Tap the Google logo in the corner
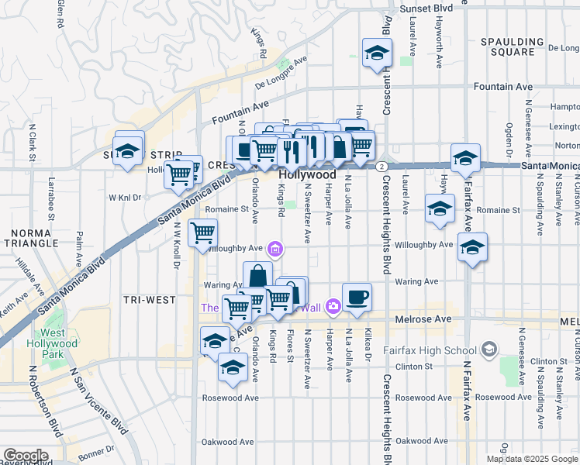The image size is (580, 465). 25,456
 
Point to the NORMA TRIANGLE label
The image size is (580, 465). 30,237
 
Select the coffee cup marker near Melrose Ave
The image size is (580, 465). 357,298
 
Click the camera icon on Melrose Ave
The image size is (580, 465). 333,307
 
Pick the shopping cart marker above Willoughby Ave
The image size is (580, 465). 202,232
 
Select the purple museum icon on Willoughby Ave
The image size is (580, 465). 274,249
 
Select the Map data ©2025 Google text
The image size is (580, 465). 531,459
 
